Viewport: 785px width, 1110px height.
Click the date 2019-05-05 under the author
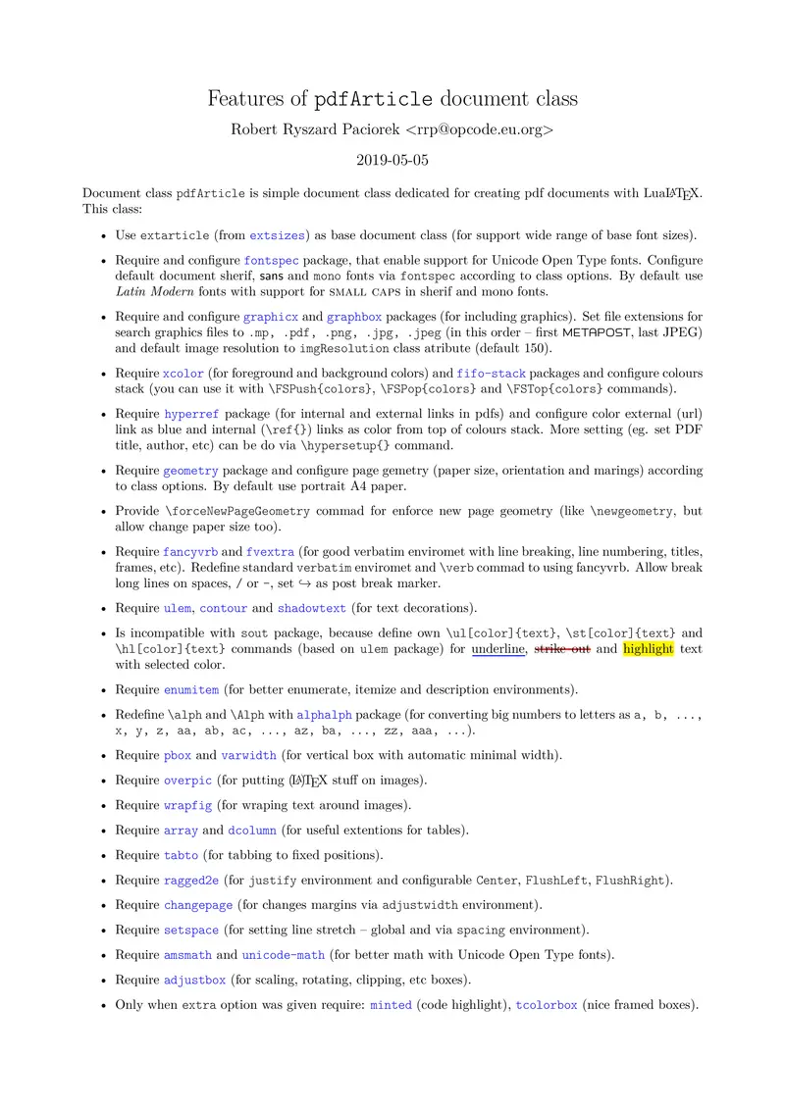point(392,159)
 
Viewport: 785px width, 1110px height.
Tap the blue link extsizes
point(277,235)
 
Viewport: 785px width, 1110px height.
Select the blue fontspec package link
point(271,261)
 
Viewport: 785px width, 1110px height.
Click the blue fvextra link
point(270,552)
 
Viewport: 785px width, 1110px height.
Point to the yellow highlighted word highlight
point(649,648)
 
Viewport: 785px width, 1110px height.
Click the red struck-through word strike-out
point(562,648)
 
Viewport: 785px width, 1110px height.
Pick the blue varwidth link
point(249,755)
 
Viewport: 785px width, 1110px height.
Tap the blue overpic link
point(186,781)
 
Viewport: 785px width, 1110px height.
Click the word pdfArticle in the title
point(373,100)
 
